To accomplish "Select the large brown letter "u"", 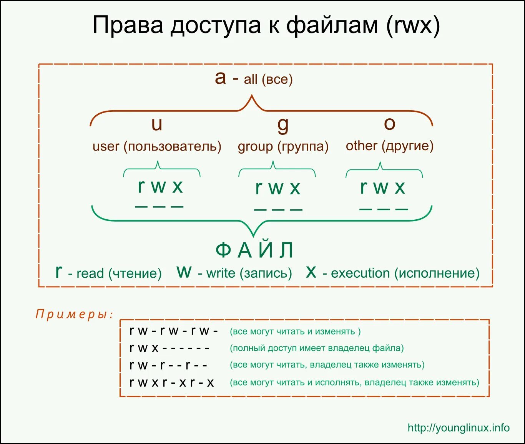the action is tap(157, 124).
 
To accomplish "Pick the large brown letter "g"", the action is tap(283, 125).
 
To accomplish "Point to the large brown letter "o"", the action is tap(389, 123).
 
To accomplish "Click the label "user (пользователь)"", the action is tap(157, 146).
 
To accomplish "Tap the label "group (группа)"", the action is tap(283, 146).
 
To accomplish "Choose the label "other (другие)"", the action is tap(389, 146).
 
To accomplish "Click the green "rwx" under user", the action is tap(160, 187).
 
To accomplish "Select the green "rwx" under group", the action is tap(277, 188).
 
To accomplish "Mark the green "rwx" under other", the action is tap(382, 187).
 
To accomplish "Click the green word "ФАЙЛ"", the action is tap(254, 250).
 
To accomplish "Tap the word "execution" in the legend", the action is tap(360, 273).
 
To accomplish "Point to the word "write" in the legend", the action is tap(221, 273).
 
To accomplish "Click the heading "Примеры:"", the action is tap(75, 314).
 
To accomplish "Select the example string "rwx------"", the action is tap(169, 348).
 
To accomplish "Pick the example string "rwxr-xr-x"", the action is tap(171, 383).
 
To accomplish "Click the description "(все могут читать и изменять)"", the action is tap(295, 331).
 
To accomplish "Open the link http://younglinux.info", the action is tap(459, 428).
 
